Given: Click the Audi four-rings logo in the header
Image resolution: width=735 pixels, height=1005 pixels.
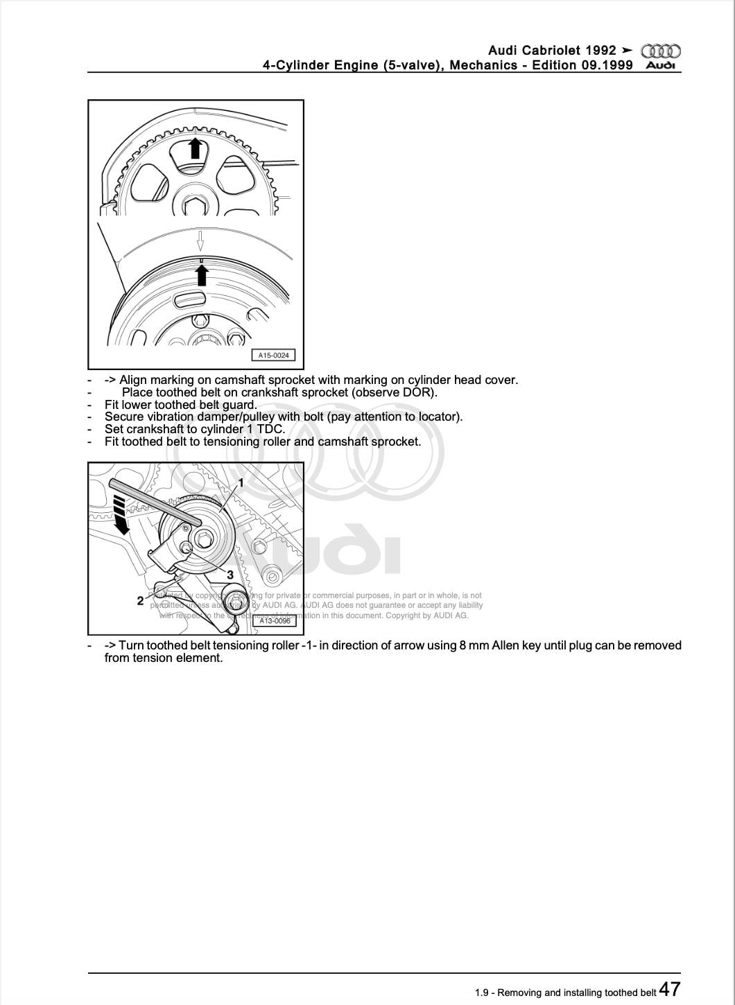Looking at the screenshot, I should click(661, 51).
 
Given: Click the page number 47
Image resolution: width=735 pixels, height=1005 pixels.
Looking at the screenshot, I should click(669, 988).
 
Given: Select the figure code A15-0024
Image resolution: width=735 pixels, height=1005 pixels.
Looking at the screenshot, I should click(273, 356).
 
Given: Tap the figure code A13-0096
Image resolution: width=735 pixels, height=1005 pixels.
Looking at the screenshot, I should click(275, 621).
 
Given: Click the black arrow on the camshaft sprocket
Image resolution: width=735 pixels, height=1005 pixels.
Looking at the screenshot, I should click(196, 148).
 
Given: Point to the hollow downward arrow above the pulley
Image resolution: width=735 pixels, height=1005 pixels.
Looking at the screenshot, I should click(200, 241).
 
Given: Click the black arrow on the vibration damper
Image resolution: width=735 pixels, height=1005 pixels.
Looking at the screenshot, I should click(202, 275).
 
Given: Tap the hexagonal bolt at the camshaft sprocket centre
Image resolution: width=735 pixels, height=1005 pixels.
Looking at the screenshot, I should click(195, 206).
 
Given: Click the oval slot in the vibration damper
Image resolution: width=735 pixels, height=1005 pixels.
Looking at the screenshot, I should click(190, 300).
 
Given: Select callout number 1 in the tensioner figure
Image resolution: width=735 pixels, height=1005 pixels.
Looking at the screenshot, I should click(241, 482).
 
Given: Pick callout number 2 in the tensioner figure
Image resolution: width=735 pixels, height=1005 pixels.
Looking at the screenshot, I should click(140, 601).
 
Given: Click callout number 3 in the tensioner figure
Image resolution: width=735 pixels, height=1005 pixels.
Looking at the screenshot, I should click(230, 575).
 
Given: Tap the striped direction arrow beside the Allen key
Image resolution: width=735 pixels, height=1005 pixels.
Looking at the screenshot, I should click(121, 515).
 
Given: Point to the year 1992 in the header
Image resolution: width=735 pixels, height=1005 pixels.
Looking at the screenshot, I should click(600, 51).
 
